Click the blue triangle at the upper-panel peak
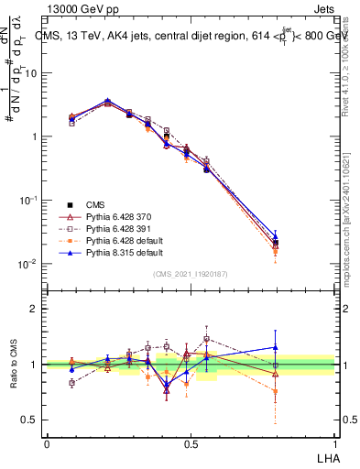click(x=108, y=101)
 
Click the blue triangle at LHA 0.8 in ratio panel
click(x=275, y=347)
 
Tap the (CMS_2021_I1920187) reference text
click(x=190, y=274)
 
